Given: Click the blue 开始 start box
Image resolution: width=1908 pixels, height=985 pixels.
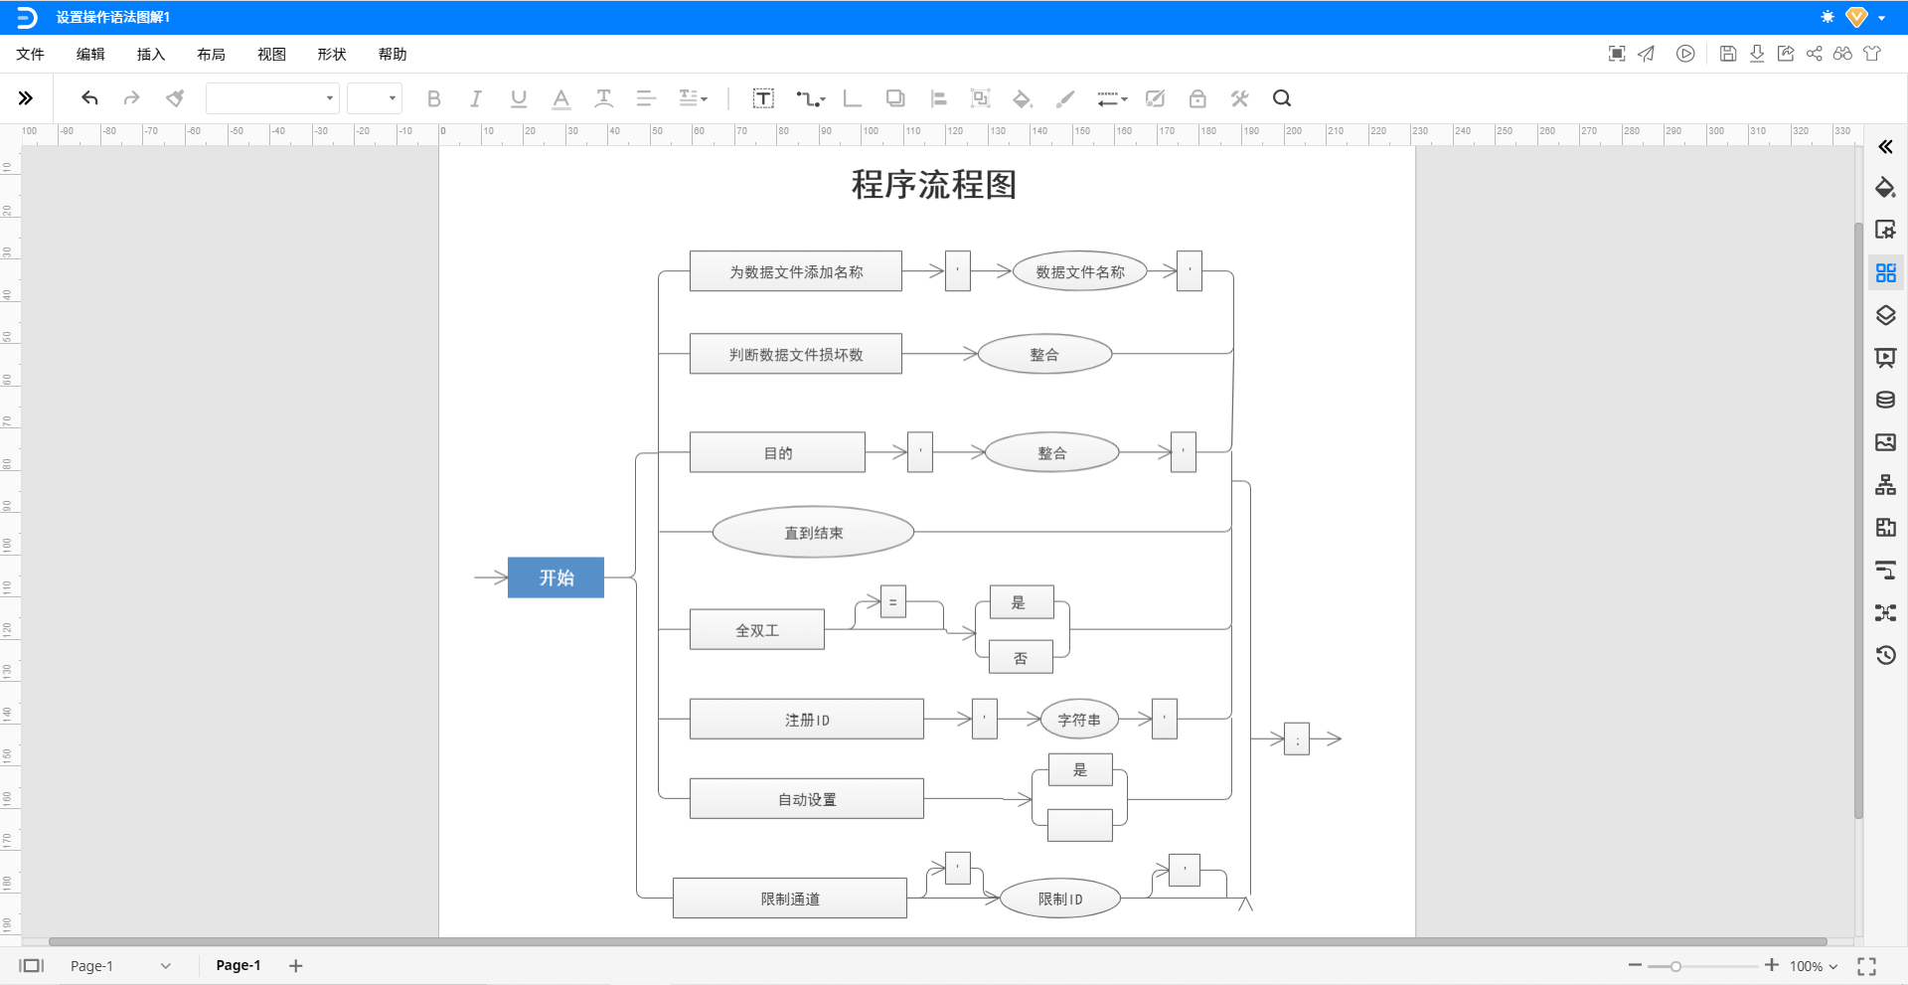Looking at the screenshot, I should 556,577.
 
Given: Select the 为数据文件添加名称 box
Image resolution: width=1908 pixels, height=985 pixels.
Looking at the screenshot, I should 795,271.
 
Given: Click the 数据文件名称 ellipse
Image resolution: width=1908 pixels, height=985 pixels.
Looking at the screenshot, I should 1079,271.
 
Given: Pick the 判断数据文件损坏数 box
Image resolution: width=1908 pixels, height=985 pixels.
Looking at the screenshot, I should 795,354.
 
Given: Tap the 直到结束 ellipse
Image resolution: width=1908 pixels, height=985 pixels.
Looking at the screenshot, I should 813,533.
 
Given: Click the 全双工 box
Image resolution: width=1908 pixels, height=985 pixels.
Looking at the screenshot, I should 756,630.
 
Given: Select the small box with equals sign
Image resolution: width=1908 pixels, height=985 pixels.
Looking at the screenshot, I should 892,601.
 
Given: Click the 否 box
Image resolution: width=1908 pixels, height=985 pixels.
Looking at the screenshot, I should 1021,657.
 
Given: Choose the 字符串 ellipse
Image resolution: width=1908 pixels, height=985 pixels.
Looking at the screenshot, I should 1078,720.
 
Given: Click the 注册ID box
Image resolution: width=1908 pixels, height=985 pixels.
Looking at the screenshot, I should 806,720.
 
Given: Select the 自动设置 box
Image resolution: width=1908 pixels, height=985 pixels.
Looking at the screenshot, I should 806,799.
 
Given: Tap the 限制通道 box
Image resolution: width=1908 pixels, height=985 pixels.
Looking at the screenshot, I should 789,899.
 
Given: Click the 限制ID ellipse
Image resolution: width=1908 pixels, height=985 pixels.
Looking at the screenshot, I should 1059,899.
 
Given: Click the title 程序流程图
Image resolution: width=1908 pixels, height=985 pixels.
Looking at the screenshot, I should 933,185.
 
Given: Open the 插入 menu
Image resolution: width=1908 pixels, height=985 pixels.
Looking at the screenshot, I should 150,55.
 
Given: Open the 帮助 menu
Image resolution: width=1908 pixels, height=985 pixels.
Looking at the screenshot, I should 392,55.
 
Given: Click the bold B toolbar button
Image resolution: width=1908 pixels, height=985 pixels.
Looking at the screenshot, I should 433,98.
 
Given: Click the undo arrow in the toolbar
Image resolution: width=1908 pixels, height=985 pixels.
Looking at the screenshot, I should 89,98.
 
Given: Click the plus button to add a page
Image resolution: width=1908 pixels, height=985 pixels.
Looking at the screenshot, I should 295,965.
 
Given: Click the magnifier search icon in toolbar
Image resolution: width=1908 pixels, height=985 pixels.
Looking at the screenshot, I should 1281,98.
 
